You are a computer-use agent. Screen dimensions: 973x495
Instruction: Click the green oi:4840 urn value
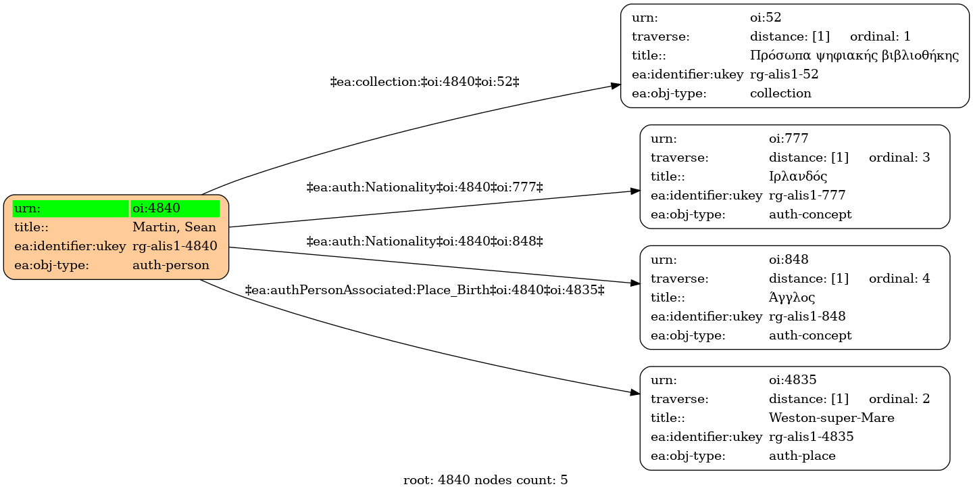click(156, 208)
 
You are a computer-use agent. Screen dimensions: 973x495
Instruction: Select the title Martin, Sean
click(174, 227)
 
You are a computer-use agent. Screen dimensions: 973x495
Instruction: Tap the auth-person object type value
click(171, 265)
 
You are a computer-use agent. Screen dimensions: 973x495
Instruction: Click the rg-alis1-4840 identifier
click(174, 246)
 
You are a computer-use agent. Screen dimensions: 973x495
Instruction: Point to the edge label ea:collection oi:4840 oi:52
click(425, 82)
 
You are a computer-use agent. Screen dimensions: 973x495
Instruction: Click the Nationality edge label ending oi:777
click(425, 187)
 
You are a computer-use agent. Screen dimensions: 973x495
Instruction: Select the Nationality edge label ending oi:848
click(425, 241)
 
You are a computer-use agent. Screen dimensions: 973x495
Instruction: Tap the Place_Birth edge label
click(425, 290)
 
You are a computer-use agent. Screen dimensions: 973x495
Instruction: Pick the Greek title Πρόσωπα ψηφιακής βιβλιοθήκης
click(854, 55)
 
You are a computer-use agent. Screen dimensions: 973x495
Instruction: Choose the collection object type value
click(780, 93)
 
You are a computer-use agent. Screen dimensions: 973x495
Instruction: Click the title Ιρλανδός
click(798, 176)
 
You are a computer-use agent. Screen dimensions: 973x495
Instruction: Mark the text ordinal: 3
click(899, 158)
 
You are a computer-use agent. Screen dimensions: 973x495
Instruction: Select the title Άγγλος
click(792, 298)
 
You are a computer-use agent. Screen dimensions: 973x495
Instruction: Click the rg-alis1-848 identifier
click(807, 316)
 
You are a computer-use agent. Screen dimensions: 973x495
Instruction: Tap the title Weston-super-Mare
click(831, 418)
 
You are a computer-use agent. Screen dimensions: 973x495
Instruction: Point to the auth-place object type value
click(802, 456)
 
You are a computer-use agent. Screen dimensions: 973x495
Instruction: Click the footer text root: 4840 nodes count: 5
click(485, 480)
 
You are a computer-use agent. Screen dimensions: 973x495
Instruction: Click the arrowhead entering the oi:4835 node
click(635, 393)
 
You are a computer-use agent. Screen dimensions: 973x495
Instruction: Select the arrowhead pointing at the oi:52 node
click(616, 86)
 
